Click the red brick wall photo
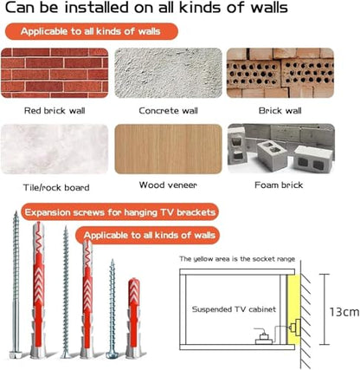pos(55,73)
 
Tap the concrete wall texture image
pos(169,73)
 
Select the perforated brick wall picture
pos(280,73)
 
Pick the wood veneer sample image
pos(169,149)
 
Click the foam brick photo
pos(281,148)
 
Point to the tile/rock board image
pos(55,149)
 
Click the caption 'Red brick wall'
pos(55,111)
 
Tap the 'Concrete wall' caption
pos(169,111)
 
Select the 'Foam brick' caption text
pos(279,185)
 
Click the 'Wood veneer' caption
pos(168,185)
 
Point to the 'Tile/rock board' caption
pos(56,188)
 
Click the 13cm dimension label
pos(344,312)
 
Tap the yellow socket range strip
pos(293,309)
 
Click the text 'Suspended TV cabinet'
pos(234,309)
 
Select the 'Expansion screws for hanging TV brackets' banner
pos(120,212)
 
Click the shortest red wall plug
pos(133,318)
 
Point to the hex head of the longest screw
pos(14,354)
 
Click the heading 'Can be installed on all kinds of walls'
pos(146,8)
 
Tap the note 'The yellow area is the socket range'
pos(237,259)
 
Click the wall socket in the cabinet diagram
pos(294,328)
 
